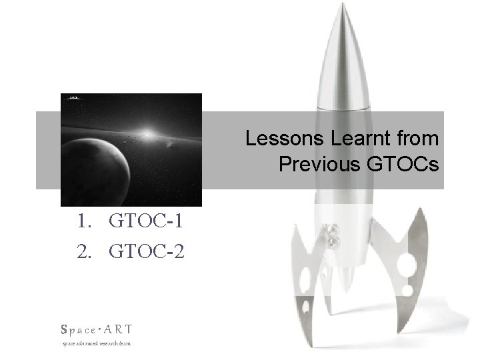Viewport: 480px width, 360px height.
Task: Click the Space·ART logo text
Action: pos(96,329)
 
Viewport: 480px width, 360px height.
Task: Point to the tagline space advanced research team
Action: pos(96,343)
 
